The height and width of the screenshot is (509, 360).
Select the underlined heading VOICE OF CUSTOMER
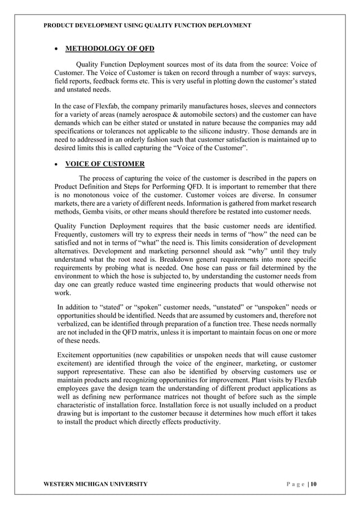tap(105, 164)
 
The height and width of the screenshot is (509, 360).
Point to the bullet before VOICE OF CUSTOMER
tap(56, 165)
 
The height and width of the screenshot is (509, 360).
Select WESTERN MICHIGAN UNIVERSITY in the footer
tap(95, 484)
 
